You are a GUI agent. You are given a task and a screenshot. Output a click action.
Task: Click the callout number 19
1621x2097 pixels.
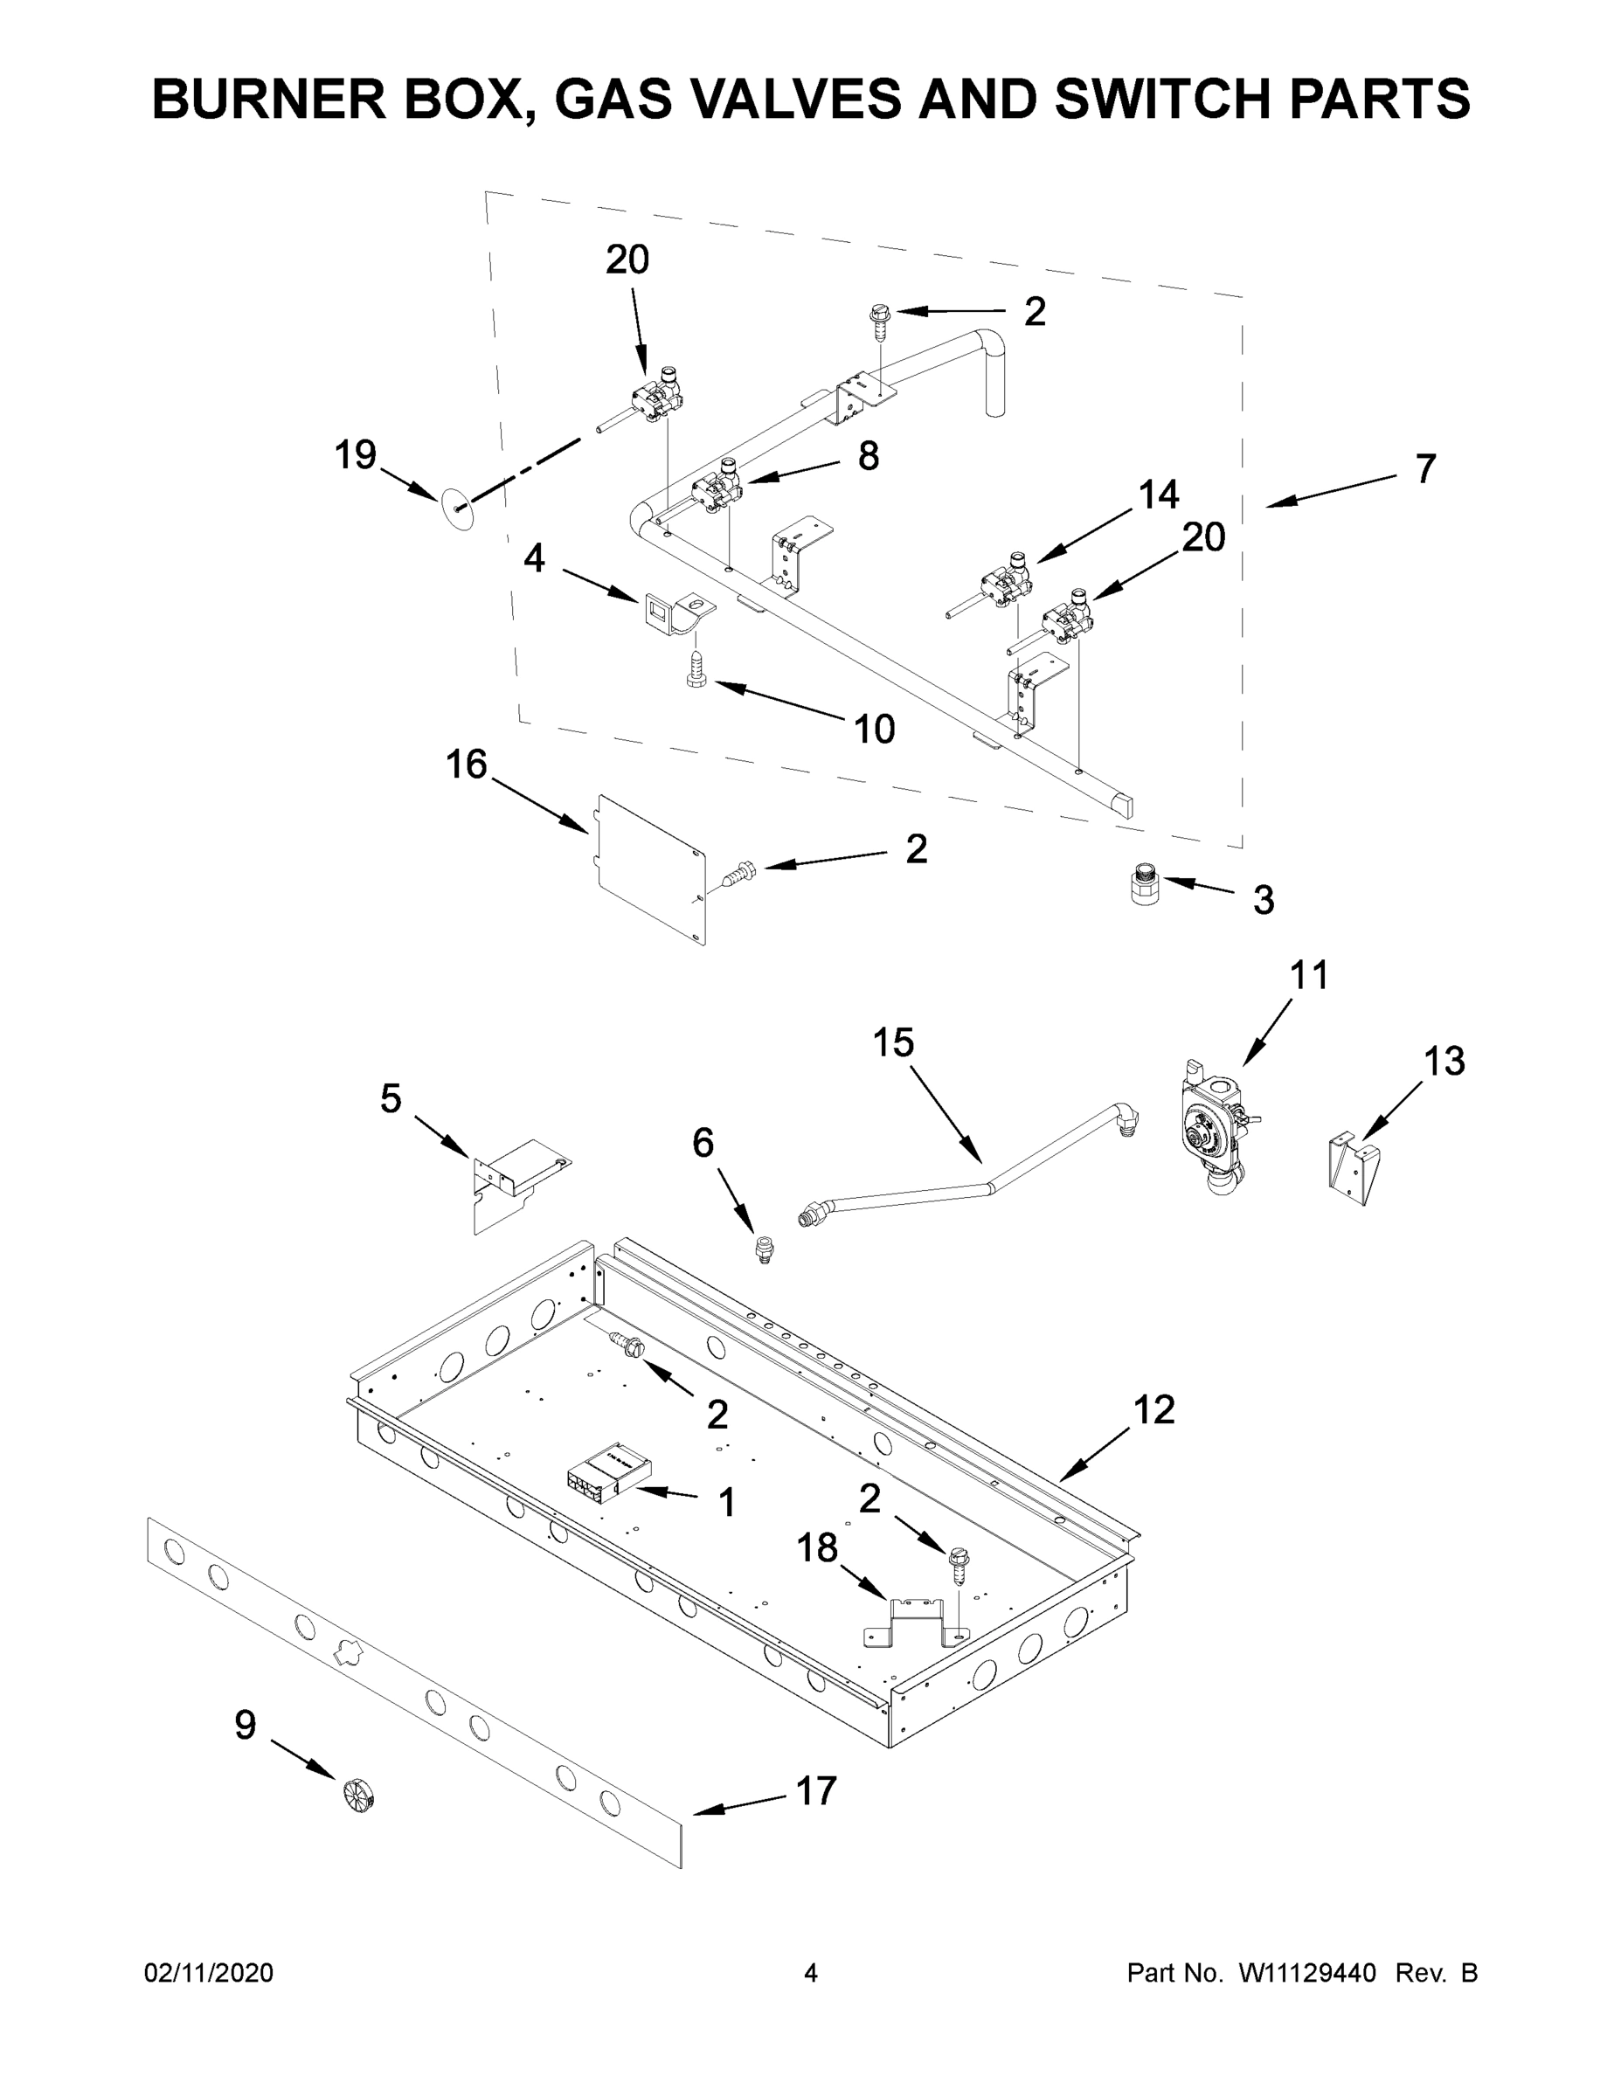point(355,455)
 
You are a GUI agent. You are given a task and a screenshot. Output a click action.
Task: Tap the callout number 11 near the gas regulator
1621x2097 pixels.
point(1309,975)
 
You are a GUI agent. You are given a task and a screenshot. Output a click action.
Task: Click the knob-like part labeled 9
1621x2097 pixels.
point(357,1795)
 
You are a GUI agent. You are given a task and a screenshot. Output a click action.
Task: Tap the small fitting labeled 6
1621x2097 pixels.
point(765,1250)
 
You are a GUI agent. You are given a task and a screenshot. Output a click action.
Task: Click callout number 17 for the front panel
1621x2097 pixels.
point(816,1790)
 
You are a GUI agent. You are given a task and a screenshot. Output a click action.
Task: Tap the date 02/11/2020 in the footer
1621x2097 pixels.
point(208,1973)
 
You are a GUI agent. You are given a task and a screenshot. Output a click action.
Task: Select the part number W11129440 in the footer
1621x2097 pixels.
point(1307,1973)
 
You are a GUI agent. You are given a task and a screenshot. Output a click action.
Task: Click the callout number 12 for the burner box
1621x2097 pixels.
point(1153,1409)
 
